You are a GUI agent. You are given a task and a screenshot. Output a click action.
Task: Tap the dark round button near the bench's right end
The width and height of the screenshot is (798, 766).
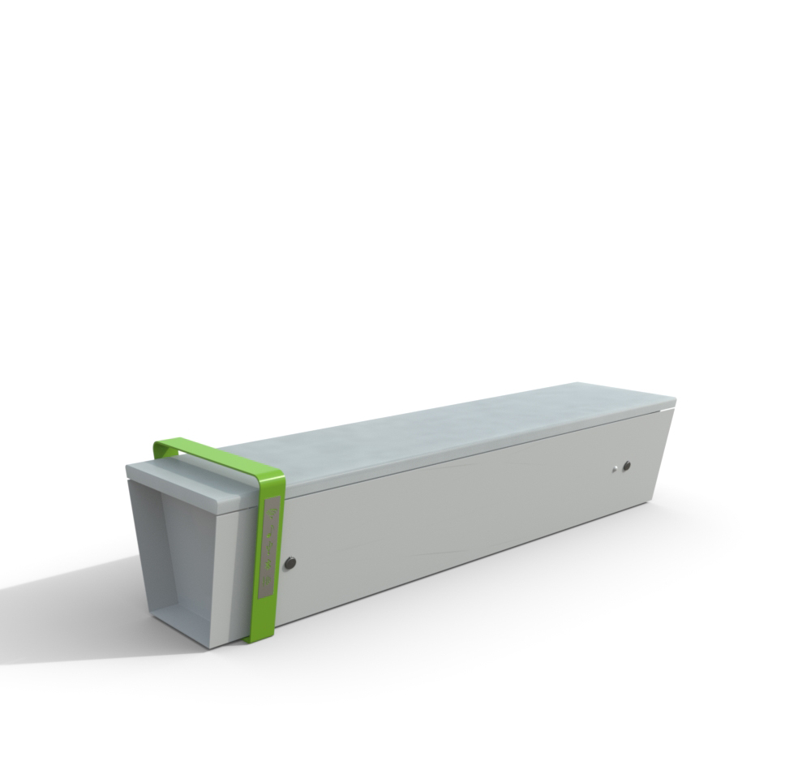click(x=626, y=466)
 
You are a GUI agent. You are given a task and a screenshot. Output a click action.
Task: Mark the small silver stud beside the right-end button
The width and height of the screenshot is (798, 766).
click(x=616, y=468)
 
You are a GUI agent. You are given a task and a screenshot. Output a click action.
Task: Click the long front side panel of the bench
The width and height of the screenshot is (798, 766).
click(x=462, y=519)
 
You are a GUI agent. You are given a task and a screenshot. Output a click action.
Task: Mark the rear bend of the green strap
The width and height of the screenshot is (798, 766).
click(x=162, y=445)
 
